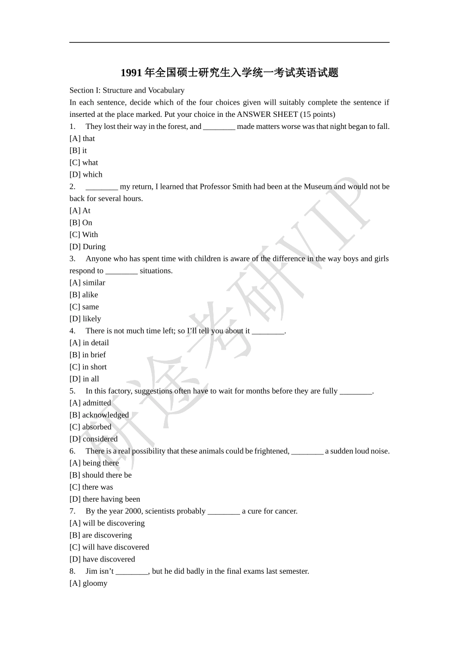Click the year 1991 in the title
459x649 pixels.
[131, 73]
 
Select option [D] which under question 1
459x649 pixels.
[86, 175]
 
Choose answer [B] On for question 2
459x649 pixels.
[81, 223]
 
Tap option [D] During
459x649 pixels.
[87, 247]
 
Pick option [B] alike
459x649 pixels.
[84, 295]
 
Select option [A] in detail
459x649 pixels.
[89, 343]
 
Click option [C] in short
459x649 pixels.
[88, 367]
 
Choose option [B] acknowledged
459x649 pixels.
[99, 415]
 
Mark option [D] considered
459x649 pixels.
[94, 439]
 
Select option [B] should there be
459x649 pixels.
[100, 475]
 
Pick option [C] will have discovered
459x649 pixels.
[109, 547]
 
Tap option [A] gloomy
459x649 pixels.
[88, 583]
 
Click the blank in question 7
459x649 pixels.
[224, 511]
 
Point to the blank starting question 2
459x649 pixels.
[101, 187]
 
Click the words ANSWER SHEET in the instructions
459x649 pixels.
[267, 114]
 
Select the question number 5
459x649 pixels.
[72, 391]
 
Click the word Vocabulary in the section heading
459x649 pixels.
[166, 90]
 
